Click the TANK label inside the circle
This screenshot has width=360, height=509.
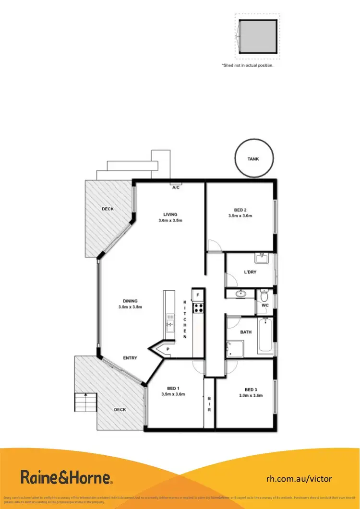click(254, 158)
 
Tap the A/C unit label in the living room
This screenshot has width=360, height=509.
click(176, 187)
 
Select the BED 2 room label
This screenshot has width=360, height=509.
click(240, 210)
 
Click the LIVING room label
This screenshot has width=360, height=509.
click(170, 214)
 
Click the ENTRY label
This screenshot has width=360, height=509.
click(130, 358)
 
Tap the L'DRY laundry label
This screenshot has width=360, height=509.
click(250, 272)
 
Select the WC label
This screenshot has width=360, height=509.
click(265, 305)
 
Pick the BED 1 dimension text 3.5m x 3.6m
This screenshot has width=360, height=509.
click(173, 394)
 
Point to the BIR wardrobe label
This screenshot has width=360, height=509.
click(209, 403)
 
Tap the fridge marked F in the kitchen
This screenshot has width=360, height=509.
click(198, 295)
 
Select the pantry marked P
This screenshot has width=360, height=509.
click(168, 349)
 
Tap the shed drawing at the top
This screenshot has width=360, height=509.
click(257, 37)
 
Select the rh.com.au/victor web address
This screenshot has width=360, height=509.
click(299, 478)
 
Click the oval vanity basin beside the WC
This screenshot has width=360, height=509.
click(240, 294)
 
